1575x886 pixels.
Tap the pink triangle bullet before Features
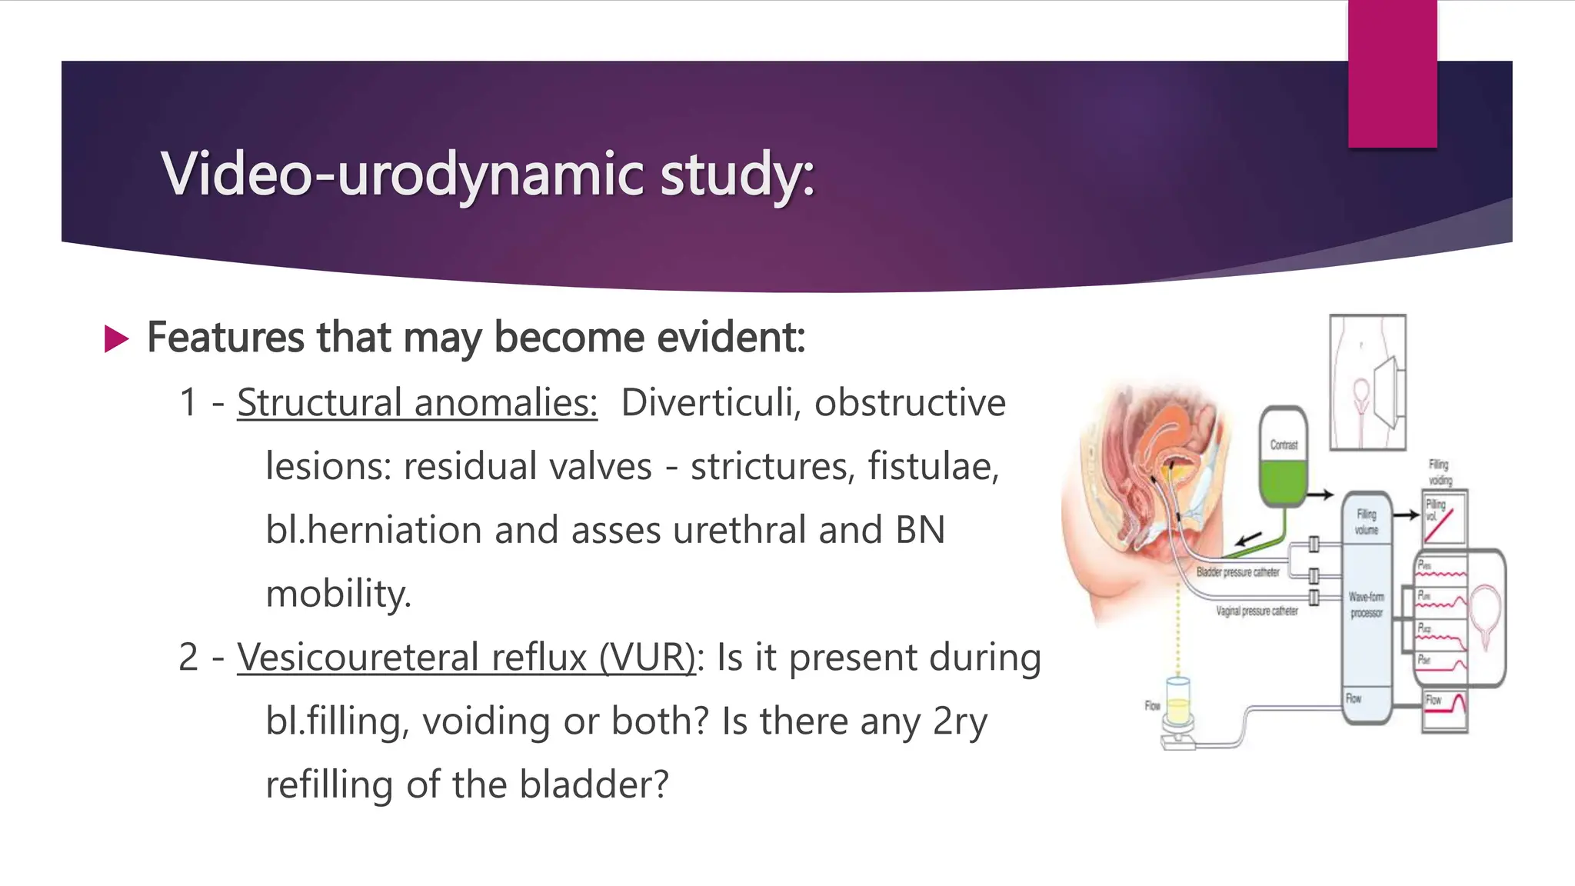(116, 339)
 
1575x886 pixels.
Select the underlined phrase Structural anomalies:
(417, 403)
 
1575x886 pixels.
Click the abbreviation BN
(920, 531)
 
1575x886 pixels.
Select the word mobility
(338, 595)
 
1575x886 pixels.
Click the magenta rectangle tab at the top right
(1392, 73)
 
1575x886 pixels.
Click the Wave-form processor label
(1366, 605)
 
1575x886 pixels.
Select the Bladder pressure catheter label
(1237, 572)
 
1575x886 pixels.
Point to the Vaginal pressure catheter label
(1257, 611)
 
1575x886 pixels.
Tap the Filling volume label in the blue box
(1366, 521)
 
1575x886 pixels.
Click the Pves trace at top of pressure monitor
(1443, 570)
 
